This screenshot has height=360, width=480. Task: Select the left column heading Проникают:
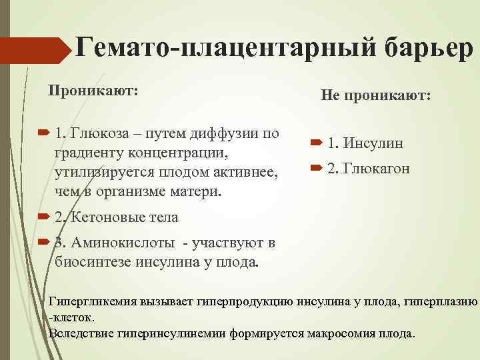pyautogui.click(x=92, y=90)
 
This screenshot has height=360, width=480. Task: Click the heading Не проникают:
pyautogui.click(x=377, y=97)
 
